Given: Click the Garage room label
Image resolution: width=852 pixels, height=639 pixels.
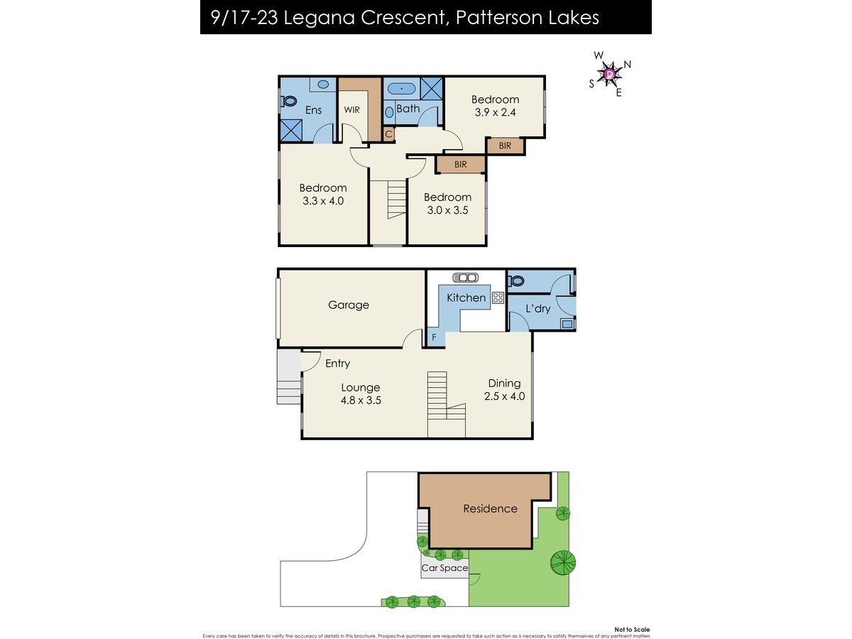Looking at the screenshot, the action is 348,305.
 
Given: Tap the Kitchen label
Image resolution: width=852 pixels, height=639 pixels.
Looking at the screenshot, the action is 466,297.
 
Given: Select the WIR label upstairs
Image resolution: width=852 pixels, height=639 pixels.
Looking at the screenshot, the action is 351,110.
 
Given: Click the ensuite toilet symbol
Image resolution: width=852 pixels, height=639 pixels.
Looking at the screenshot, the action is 289,102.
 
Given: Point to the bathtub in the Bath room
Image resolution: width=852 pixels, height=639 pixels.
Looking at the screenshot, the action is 402,89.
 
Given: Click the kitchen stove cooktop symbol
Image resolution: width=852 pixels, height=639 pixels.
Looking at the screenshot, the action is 498,297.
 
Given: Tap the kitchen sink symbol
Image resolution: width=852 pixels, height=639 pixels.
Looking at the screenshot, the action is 465,278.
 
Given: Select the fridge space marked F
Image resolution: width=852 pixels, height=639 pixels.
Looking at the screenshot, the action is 434,337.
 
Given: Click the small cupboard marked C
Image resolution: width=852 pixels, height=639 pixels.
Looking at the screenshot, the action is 388,135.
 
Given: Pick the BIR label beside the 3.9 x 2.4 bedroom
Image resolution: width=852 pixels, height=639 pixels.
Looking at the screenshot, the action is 505,146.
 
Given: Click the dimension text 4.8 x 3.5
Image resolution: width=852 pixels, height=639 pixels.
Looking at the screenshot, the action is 361,400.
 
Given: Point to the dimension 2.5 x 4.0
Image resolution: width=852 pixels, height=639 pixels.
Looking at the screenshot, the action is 504,396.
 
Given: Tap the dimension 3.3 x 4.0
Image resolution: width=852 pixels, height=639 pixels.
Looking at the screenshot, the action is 323,201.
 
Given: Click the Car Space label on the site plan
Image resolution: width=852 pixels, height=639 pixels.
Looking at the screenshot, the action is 444,568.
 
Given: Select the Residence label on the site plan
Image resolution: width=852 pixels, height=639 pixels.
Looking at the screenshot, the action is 490,508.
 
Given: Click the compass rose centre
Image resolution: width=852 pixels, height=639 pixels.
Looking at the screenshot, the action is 610,74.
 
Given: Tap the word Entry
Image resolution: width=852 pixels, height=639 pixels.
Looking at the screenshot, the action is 337,364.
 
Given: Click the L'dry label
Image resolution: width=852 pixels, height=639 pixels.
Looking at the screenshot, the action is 537,308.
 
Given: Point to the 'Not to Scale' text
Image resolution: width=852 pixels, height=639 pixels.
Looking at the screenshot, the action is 632,630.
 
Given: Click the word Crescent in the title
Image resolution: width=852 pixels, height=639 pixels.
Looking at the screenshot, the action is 405,18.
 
